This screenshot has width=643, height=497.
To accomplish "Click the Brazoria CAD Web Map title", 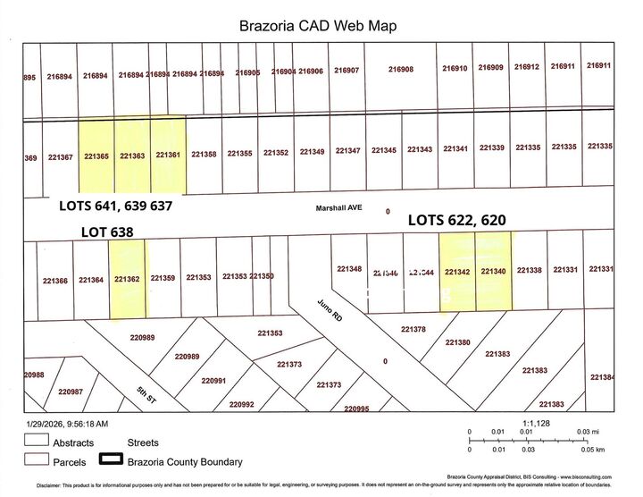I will click(x=318, y=26).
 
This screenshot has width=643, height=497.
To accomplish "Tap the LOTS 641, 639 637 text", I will click(x=115, y=206).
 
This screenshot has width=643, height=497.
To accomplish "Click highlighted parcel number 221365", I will click(x=96, y=156).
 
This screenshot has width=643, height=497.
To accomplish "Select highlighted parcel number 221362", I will click(x=127, y=279).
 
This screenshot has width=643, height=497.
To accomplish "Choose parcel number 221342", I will click(x=457, y=271).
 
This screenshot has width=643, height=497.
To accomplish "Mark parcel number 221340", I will click(x=493, y=271).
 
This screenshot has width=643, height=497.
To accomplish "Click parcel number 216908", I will click(x=401, y=70).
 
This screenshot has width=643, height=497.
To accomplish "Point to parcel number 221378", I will click(x=413, y=330).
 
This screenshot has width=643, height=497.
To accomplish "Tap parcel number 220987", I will click(x=71, y=392).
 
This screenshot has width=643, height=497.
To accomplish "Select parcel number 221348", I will click(x=349, y=268).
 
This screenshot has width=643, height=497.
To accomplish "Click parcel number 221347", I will click(x=347, y=150).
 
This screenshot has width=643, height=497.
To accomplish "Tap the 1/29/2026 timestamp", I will click(x=67, y=424).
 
